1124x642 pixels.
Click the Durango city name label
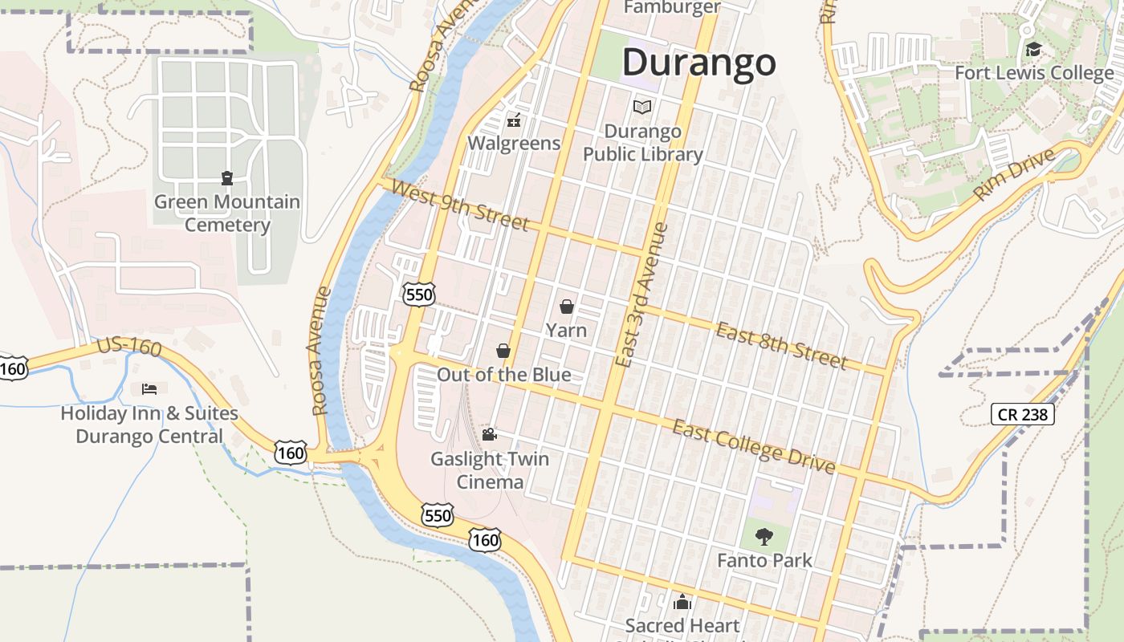(x=698, y=63)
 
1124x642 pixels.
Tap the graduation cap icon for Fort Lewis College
(x=1033, y=50)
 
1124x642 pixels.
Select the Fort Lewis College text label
(x=1034, y=73)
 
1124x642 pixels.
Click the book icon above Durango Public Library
(x=642, y=107)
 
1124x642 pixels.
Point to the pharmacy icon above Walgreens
(x=514, y=121)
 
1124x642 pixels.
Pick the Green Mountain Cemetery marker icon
(x=227, y=178)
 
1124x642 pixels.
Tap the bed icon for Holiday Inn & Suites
(x=149, y=389)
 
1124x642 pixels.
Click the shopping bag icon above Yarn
(x=567, y=307)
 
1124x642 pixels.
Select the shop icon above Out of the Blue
(x=503, y=351)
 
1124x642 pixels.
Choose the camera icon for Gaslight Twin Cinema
(x=489, y=435)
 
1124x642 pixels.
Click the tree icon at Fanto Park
(x=764, y=536)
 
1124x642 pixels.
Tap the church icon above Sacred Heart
(x=682, y=602)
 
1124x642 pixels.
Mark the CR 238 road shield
(x=1022, y=414)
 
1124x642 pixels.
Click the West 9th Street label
(x=460, y=205)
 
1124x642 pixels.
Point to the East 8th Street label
(x=781, y=345)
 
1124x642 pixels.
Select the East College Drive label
(x=753, y=446)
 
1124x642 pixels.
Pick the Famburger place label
(x=672, y=8)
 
